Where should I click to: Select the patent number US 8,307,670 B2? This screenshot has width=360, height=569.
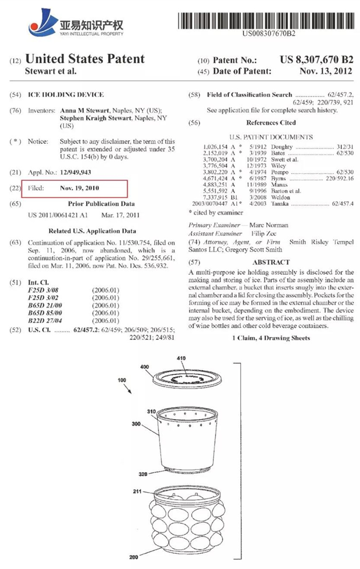pos(316,60)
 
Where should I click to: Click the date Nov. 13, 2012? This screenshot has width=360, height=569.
pos(325,71)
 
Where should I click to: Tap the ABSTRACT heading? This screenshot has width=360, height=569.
pos(271,263)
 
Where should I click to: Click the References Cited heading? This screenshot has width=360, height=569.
pos(271,122)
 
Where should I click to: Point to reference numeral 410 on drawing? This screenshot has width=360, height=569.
pos(182,359)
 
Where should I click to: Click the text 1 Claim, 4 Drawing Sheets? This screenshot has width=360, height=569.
pos(271,338)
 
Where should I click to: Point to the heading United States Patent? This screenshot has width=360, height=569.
pos(85,59)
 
